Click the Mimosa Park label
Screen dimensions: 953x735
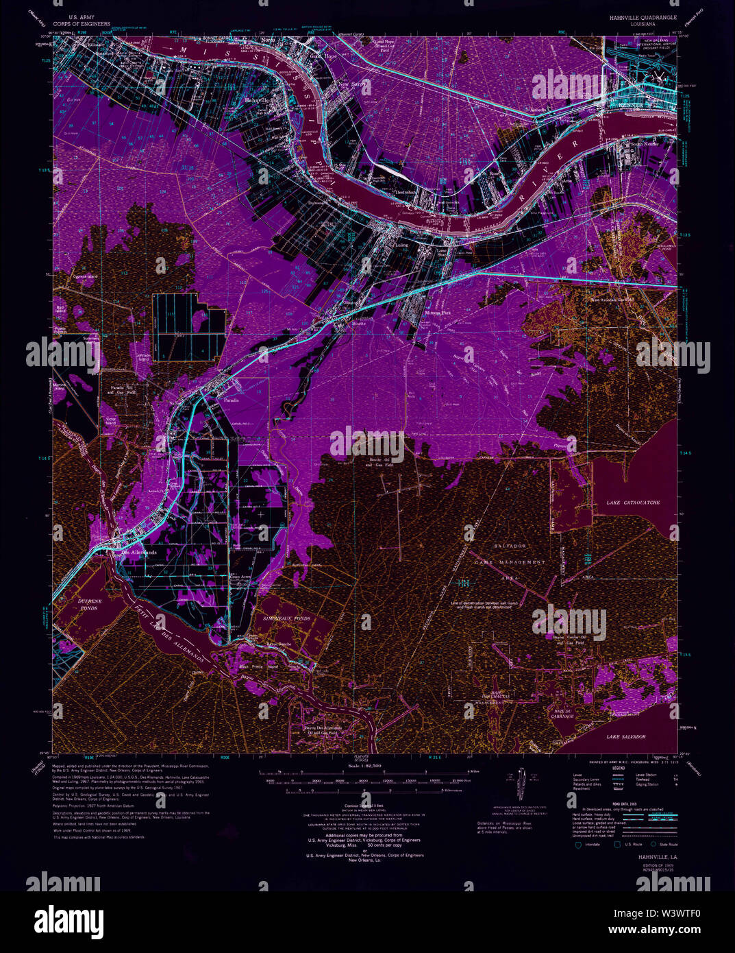(437, 313)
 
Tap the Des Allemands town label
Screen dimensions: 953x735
(138, 552)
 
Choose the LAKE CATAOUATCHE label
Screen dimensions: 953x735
(633, 503)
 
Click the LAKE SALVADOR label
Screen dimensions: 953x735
(625, 736)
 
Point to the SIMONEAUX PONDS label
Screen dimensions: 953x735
(286, 618)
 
